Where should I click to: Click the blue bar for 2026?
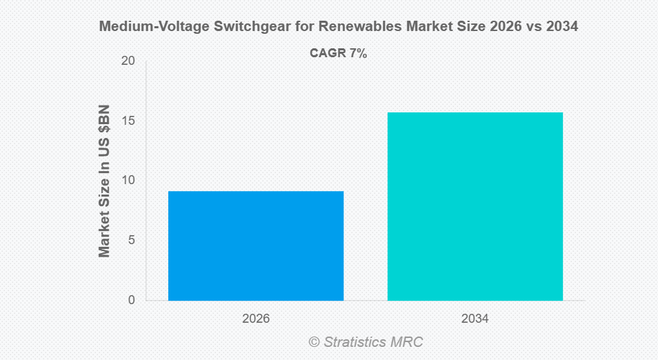coord(256,246)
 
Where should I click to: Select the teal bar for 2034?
coord(475,206)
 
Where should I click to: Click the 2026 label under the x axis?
coord(256,319)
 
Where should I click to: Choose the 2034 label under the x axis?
coord(475,319)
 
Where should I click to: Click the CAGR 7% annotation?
coord(338,53)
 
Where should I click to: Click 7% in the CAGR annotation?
coord(357,53)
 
